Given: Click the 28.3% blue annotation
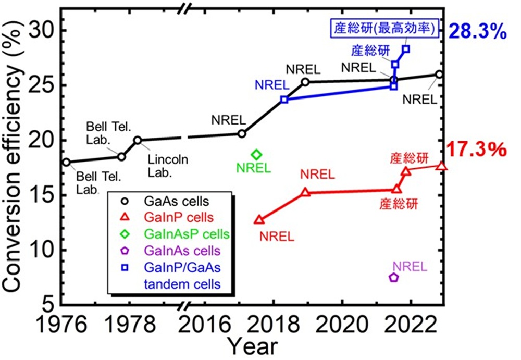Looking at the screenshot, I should click(477, 32).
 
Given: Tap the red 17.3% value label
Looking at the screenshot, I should click(477, 151).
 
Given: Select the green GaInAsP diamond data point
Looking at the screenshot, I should click(256, 155).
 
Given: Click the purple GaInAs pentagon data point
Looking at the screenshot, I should click(394, 277).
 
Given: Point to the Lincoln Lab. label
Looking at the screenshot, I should click(168, 164).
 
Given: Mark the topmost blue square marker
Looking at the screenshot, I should click(406, 49).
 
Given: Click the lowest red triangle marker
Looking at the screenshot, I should click(259, 220).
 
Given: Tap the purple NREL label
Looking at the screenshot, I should click(410, 267).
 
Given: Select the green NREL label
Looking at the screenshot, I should click(254, 168).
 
